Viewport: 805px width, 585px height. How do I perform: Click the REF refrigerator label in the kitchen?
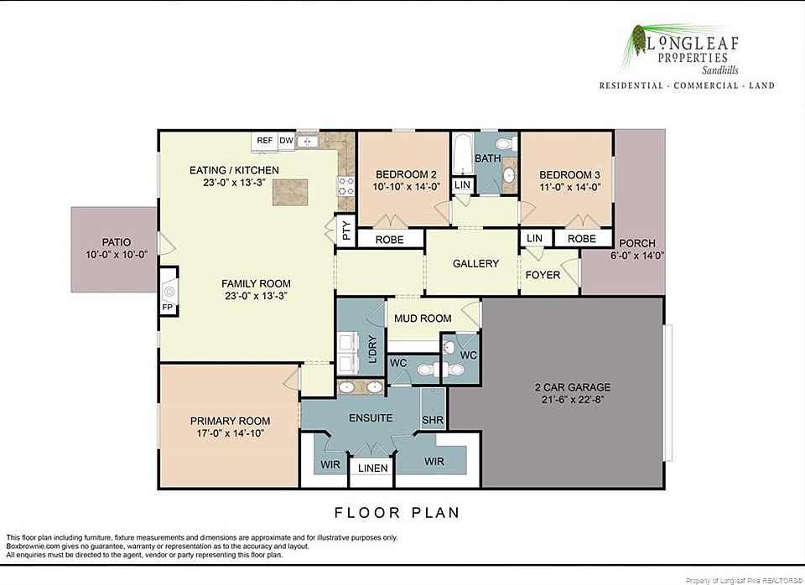(x=265, y=141)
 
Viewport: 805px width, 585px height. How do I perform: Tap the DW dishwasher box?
(x=287, y=141)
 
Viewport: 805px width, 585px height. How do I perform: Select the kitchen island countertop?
(x=290, y=193)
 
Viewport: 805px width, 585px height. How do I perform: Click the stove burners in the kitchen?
(x=346, y=186)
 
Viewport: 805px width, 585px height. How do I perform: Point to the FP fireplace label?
(x=168, y=308)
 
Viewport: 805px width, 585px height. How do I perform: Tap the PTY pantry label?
(x=346, y=230)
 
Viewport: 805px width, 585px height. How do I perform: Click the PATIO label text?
(x=117, y=242)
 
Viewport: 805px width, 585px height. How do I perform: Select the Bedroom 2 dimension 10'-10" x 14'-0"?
(x=407, y=187)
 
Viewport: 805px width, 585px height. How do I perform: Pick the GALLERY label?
(x=476, y=264)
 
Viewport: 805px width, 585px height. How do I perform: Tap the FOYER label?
(x=543, y=275)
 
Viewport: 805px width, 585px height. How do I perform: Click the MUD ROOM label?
(x=423, y=318)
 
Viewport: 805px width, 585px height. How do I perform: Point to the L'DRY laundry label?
(x=373, y=349)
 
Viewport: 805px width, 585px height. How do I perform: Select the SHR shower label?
(x=433, y=420)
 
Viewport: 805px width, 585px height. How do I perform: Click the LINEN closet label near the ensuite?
(x=372, y=468)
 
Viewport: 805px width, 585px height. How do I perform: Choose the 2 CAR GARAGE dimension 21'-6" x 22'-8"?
(x=573, y=400)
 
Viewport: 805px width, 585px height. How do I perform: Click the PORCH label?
(x=637, y=243)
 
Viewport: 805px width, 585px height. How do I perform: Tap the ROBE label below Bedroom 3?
(x=582, y=239)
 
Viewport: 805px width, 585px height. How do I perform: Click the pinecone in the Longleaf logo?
(x=639, y=39)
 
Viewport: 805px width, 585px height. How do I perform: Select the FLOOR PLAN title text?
(x=397, y=513)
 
